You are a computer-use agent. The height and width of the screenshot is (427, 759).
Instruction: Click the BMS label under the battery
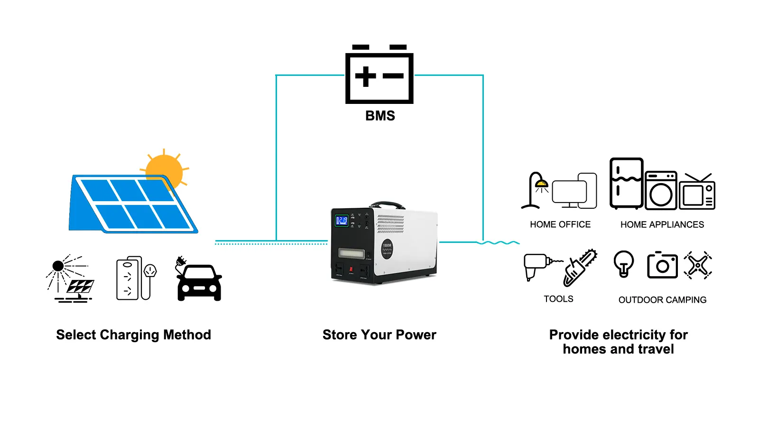[x=380, y=116]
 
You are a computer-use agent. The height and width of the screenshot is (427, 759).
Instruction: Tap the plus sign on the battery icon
[x=365, y=76]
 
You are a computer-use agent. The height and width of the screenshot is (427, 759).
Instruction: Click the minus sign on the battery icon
[x=393, y=76]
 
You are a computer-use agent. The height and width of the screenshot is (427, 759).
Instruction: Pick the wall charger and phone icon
[x=136, y=278]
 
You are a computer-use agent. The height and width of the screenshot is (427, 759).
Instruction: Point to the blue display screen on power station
[x=342, y=221]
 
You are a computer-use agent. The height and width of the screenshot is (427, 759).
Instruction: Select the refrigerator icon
[x=626, y=184]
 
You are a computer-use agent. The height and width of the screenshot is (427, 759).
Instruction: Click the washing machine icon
[x=661, y=191]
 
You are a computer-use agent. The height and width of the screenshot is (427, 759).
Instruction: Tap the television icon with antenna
[x=697, y=193]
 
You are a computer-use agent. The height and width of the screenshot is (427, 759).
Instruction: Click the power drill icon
[x=538, y=266]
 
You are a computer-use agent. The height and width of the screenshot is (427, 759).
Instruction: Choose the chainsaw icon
[x=580, y=268]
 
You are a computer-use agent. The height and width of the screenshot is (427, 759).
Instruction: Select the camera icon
[x=662, y=265]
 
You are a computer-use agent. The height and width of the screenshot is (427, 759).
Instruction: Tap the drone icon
[x=698, y=265]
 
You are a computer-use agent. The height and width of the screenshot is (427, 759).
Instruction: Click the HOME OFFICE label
[x=560, y=224]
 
